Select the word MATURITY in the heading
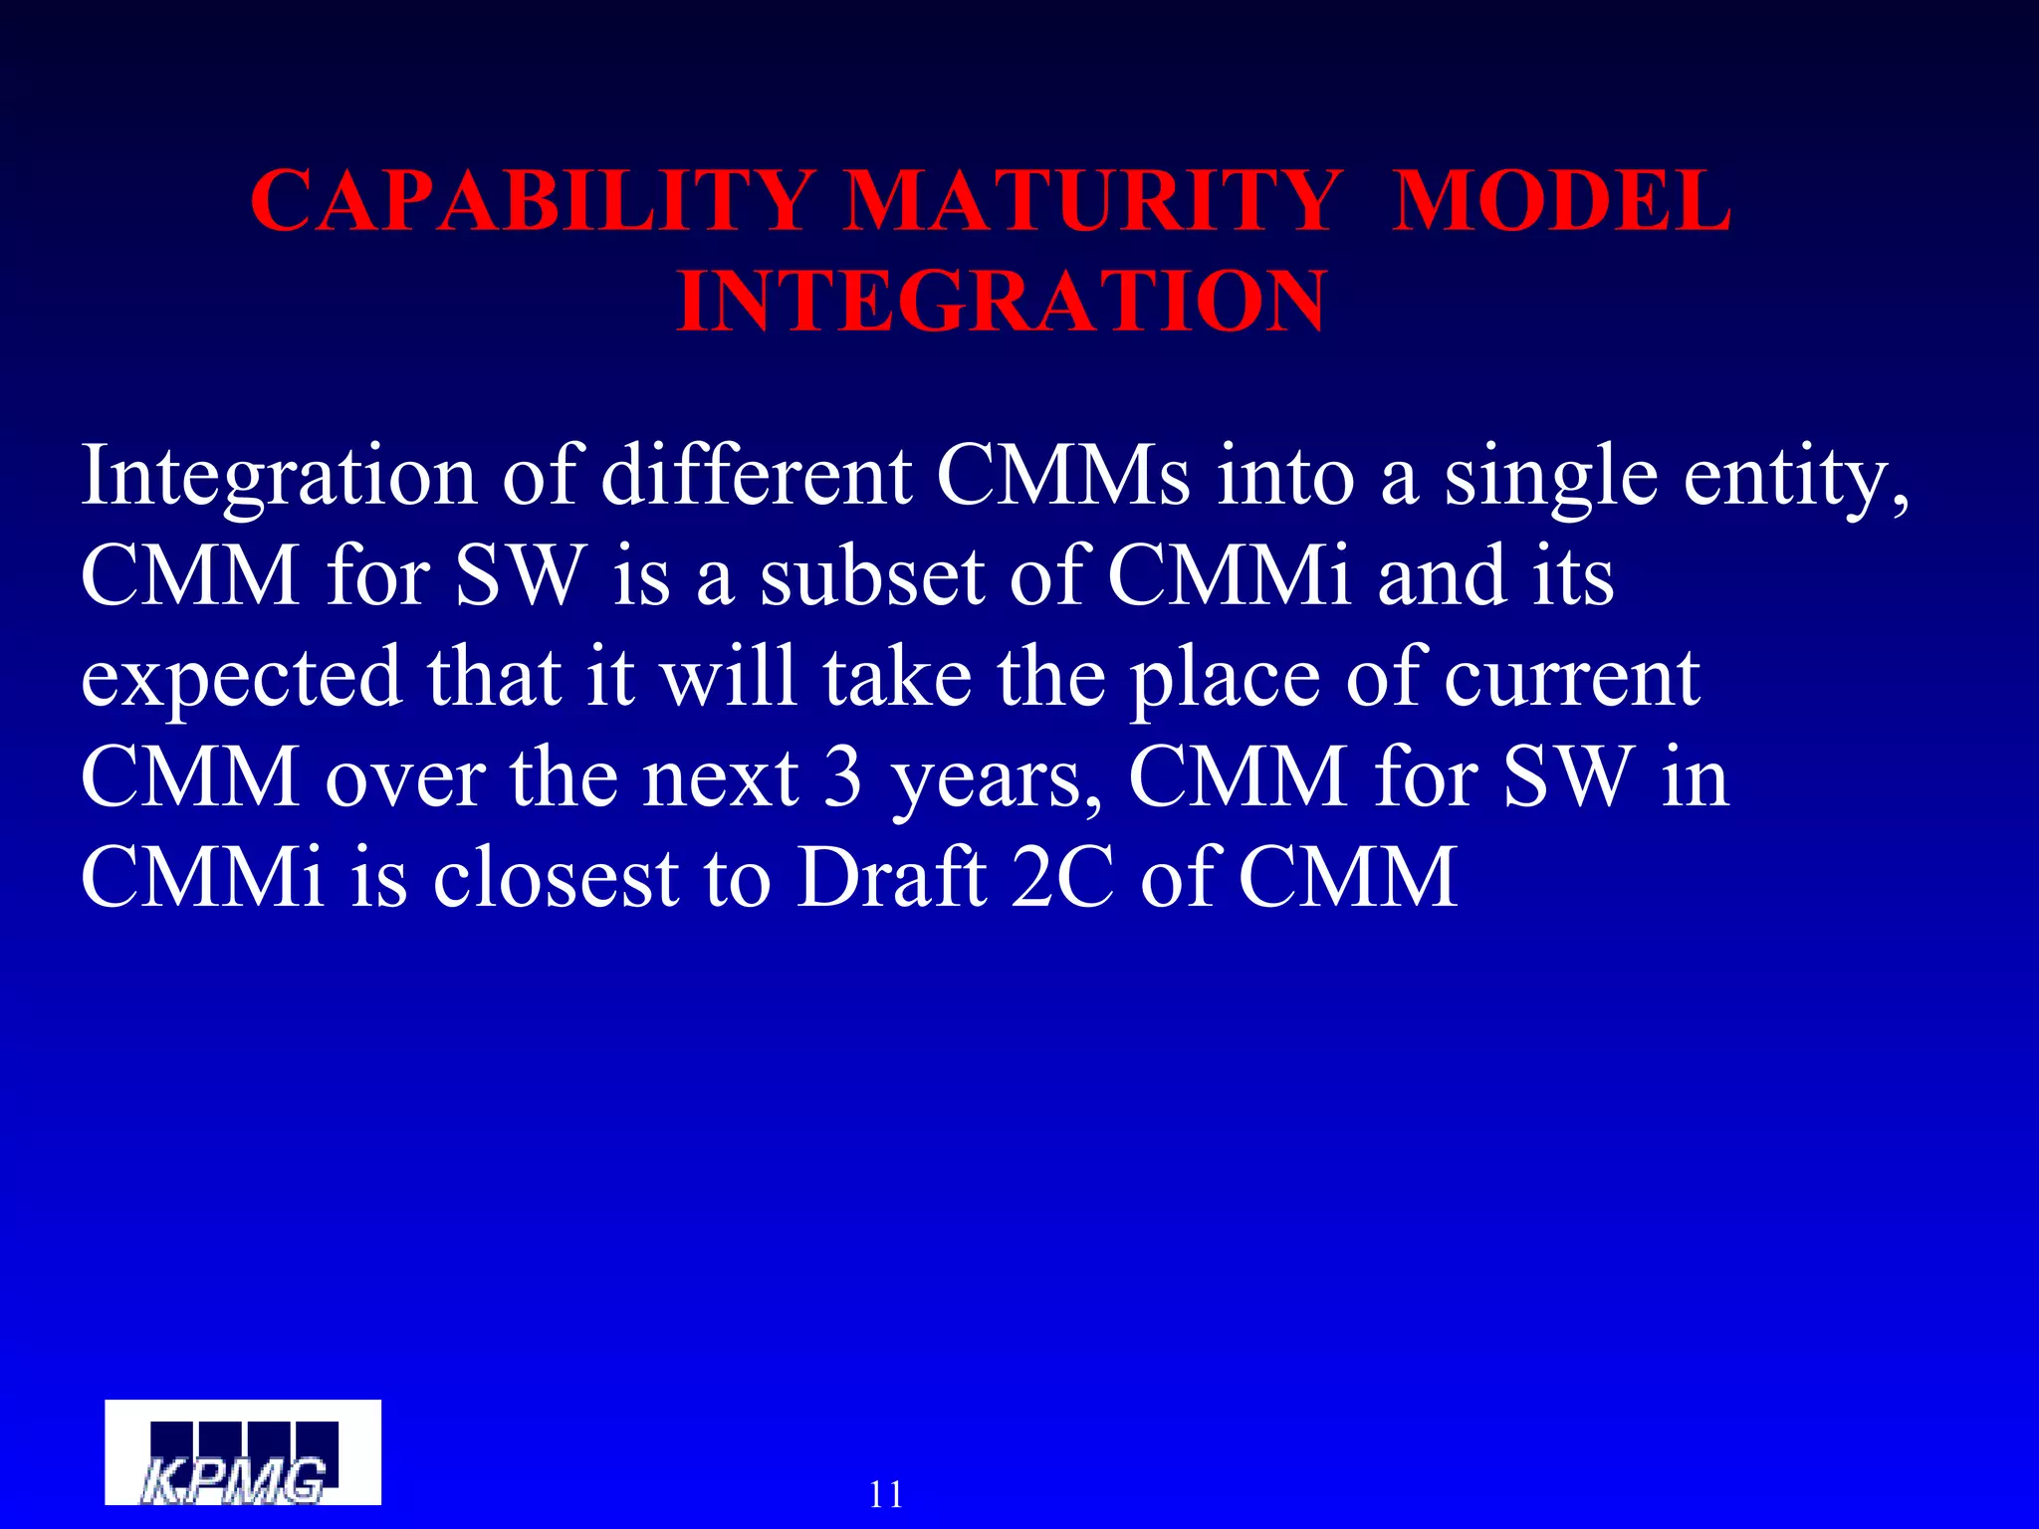[1092, 202]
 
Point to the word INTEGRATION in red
[1001, 302]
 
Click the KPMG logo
[243, 1452]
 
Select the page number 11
[885, 1494]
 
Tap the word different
[757, 476]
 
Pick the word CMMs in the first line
[1062, 476]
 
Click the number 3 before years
[842, 777]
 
